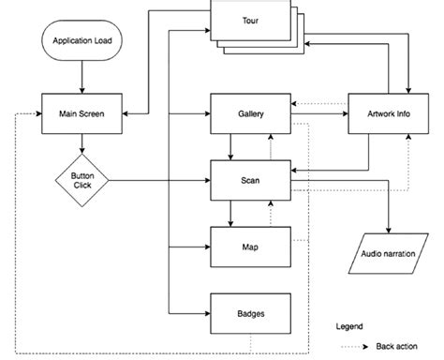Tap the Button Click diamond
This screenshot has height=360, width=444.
tap(83, 179)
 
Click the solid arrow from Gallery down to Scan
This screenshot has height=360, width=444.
tap(230, 145)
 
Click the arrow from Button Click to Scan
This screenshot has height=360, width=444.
tap(159, 179)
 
